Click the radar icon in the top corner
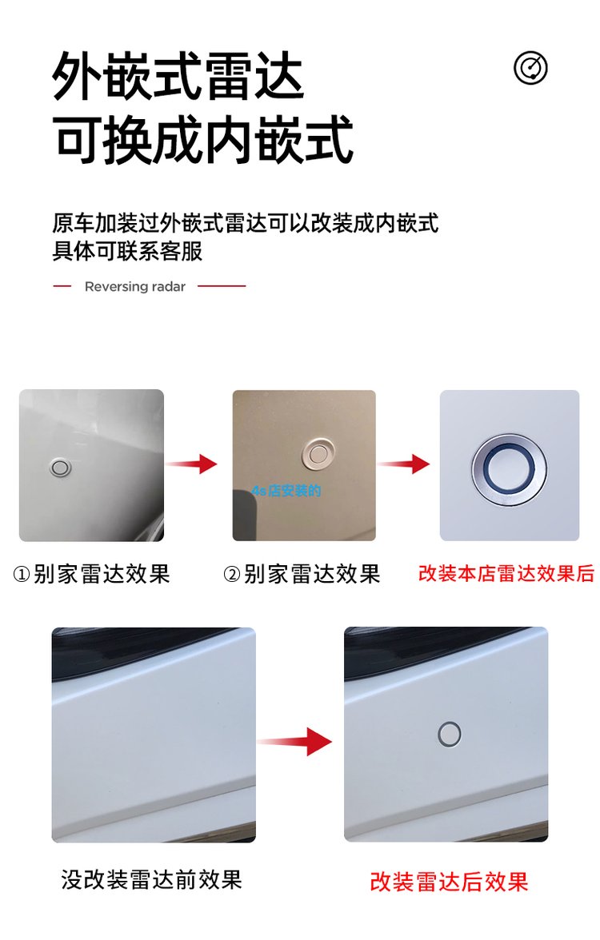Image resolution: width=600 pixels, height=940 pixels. (530, 68)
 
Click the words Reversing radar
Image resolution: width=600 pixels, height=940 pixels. (135, 286)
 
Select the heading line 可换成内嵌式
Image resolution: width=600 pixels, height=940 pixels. (203, 140)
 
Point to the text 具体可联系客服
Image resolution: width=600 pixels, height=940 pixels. (127, 251)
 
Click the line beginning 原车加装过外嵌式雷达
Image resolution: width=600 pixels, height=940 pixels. (246, 222)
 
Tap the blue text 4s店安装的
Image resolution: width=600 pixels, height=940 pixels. (286, 491)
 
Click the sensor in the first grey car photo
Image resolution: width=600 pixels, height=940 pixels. (60, 468)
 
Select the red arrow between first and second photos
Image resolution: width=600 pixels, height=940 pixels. (191, 464)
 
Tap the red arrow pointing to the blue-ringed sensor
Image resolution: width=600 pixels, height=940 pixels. (404, 464)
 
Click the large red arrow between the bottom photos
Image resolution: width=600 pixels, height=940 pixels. (294, 742)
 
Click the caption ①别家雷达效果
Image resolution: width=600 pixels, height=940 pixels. (91, 574)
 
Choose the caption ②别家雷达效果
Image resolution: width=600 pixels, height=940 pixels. (302, 574)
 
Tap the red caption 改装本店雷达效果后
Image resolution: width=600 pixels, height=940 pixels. (506, 573)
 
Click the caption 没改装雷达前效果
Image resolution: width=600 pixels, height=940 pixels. (151, 879)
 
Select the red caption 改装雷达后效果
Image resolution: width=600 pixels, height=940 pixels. (449, 882)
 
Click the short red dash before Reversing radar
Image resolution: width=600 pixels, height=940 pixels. (62, 286)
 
